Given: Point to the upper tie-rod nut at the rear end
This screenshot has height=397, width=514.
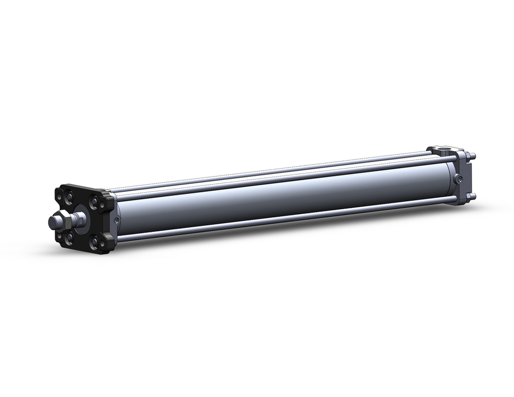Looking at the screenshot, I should click(x=468, y=156).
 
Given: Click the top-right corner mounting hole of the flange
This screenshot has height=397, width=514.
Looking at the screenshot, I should click(x=102, y=204).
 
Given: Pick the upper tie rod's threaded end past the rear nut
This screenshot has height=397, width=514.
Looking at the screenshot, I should click(x=473, y=155).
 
